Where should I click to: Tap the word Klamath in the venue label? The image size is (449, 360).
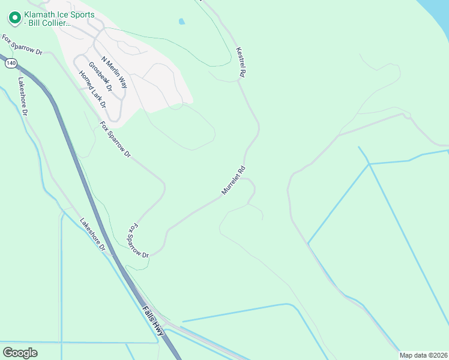click(41, 14)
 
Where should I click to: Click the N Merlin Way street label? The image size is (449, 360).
click(114, 73)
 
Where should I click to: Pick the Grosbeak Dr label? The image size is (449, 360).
click(100, 76)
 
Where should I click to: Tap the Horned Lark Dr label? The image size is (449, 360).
click(92, 89)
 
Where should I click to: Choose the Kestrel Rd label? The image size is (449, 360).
click(241, 62)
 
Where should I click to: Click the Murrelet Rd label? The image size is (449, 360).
click(234, 181)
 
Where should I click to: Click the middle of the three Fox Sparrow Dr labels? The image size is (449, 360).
click(115, 139)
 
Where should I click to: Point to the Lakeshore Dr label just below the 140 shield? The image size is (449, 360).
click(23, 97)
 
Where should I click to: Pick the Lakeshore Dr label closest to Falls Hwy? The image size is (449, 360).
click(93, 234)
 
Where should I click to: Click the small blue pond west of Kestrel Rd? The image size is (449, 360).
click(181, 22)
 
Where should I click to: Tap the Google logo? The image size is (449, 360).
click(20, 352)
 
